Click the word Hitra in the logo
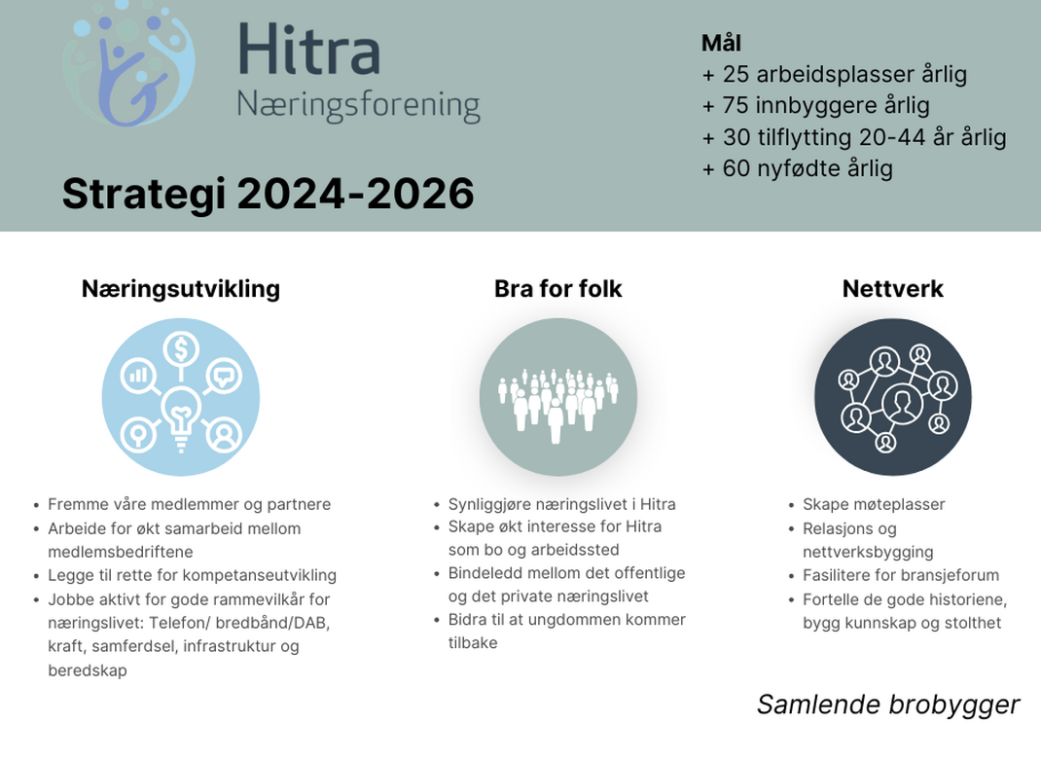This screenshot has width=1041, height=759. (308, 49)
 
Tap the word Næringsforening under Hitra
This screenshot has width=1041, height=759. (358, 106)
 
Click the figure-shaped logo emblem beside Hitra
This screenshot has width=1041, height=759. (128, 64)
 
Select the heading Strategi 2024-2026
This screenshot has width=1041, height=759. (269, 194)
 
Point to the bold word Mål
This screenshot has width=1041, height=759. (721, 43)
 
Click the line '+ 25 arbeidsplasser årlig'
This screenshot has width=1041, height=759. (834, 74)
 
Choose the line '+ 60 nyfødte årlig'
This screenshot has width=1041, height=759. (797, 168)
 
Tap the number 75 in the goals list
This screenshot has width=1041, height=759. (736, 106)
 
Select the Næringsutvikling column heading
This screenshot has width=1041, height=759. (181, 289)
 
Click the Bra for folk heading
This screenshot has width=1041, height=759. (557, 289)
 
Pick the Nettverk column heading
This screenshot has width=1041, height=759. (892, 289)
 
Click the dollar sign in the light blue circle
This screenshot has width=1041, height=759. (181, 348)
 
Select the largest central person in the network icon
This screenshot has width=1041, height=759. (902, 403)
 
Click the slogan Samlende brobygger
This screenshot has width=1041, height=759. (887, 705)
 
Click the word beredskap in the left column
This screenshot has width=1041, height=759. (87, 670)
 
